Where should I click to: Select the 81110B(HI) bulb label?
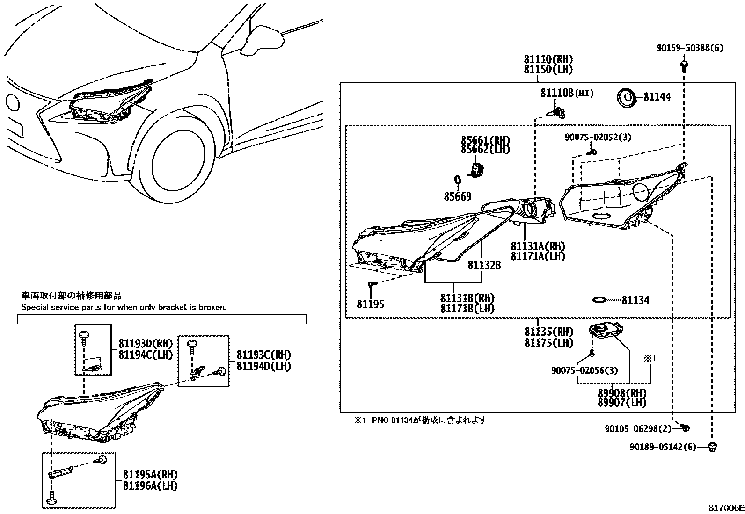tap(567, 94)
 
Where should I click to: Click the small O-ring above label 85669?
tap(458, 180)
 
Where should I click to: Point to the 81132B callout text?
tap(484, 265)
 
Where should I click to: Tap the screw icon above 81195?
tap(372, 284)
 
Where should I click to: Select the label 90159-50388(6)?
tap(690, 48)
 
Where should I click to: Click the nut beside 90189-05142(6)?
tap(713, 447)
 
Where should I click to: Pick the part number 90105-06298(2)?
tap(637, 428)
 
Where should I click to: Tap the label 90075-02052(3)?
tap(598, 137)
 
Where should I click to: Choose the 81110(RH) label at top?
tap(548, 60)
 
